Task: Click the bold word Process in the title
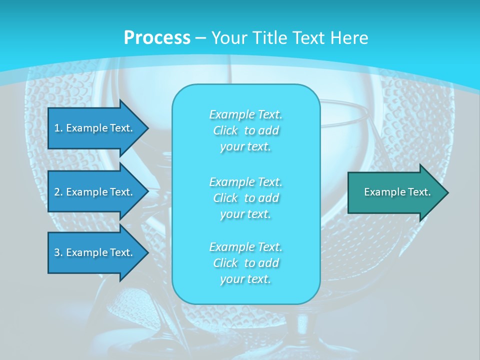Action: point(157,37)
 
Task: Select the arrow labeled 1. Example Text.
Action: point(95,128)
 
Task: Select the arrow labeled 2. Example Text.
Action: point(95,192)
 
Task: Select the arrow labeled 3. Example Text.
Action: point(95,252)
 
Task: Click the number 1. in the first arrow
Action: point(58,128)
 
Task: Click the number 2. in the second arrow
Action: point(58,192)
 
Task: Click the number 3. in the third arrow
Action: point(58,252)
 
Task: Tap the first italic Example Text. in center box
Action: point(245,114)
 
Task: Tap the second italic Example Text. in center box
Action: point(245,181)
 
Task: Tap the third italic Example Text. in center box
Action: point(245,247)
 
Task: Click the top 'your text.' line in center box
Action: point(245,147)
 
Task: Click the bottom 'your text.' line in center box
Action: point(245,279)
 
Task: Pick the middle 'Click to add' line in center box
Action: point(245,198)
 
